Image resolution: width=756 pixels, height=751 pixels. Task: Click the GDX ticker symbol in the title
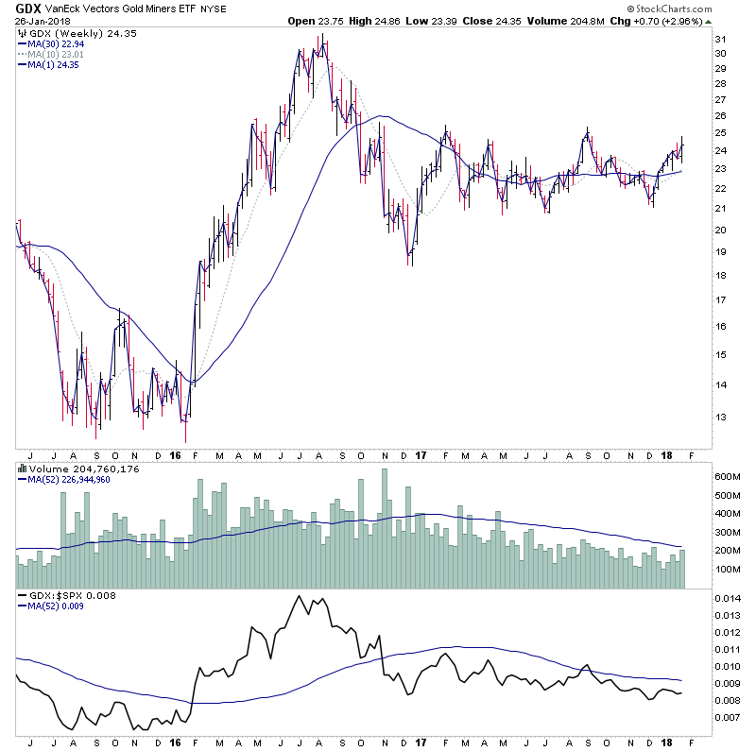coord(27,8)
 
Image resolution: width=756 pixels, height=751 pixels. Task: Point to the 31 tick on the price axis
coord(719,39)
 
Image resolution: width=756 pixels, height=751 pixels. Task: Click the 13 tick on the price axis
coord(719,417)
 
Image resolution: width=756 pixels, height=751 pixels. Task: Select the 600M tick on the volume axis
coord(727,477)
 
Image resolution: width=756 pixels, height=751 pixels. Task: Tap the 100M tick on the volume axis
coord(727,570)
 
